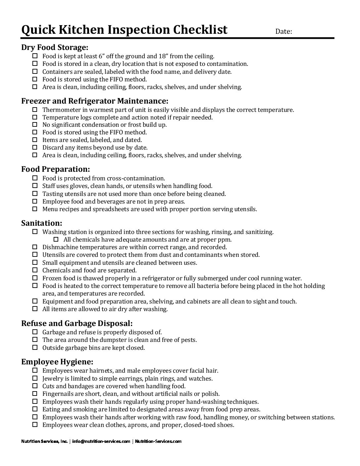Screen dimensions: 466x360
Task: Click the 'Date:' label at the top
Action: [284, 32]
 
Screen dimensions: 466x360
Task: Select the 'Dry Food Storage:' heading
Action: [55, 47]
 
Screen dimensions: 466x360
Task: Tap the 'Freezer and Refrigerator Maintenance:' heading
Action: [95, 101]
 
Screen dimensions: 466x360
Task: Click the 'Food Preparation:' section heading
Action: [56, 169]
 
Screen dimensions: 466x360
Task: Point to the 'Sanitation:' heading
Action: [42, 223]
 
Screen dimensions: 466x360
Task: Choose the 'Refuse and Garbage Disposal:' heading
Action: [77, 323]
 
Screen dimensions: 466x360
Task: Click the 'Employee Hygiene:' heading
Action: [57, 362]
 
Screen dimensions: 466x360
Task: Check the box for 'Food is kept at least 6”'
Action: [35, 56]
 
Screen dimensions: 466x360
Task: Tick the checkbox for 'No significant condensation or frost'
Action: [35, 125]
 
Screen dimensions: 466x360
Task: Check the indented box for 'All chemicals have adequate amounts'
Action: [56, 240]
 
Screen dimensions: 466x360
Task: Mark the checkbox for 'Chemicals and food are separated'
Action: [35, 270]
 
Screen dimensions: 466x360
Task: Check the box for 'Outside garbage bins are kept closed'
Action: [35, 348]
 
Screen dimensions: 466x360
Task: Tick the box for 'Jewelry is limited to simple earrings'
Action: [35, 379]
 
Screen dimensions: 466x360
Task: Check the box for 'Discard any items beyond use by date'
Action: [35, 148]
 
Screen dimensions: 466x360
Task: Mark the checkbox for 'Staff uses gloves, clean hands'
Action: [35, 186]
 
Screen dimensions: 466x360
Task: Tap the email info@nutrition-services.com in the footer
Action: [101, 441]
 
